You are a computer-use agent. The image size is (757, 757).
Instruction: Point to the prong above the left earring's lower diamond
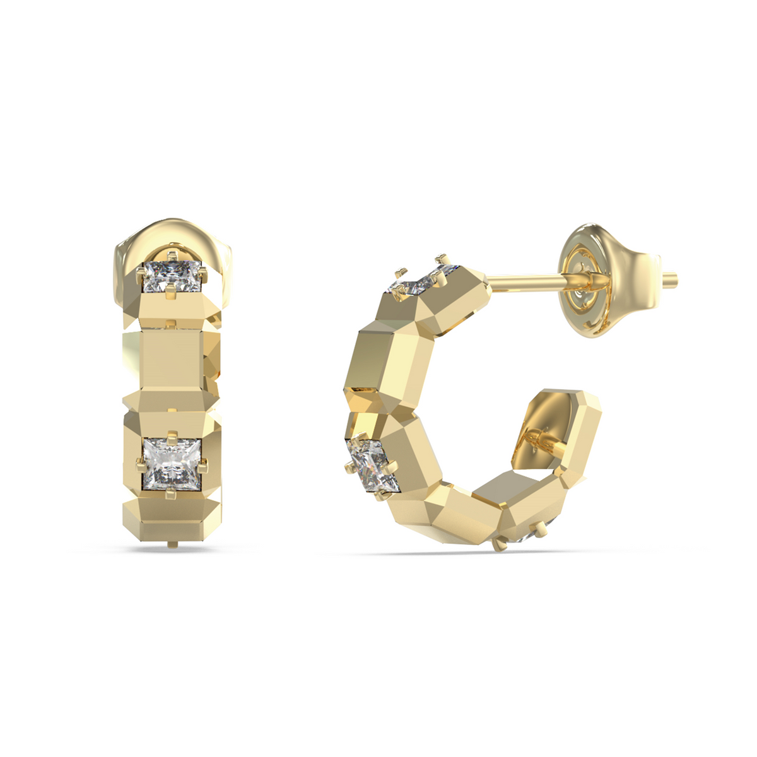[x=172, y=435]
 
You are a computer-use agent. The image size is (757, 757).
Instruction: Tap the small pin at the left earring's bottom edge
[x=171, y=544]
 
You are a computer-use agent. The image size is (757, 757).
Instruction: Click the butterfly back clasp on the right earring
[x=609, y=278]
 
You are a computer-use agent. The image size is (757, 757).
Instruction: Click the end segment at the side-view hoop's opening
[x=577, y=429]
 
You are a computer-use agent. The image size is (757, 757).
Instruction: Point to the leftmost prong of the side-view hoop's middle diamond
[x=349, y=467]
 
